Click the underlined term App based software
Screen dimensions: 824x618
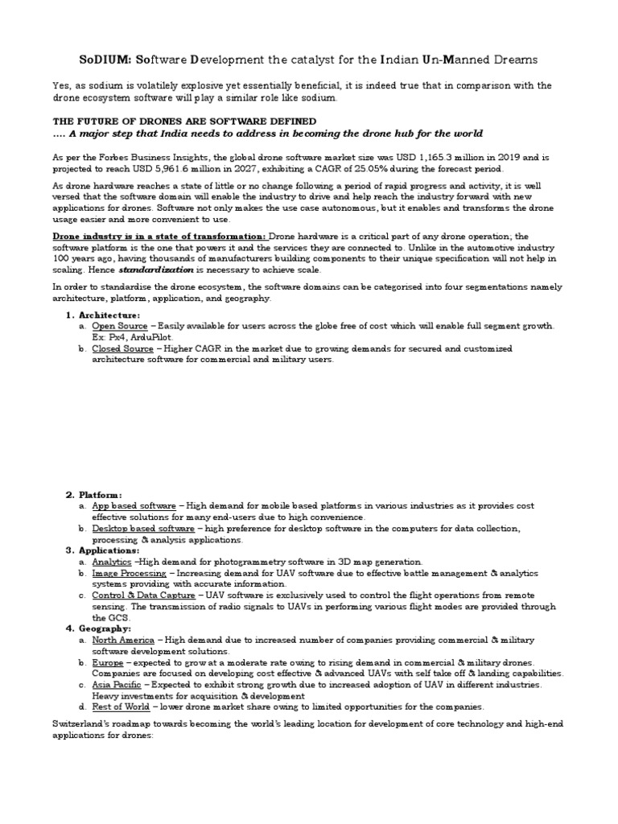[x=134, y=505]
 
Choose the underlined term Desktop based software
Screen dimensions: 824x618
[x=142, y=528]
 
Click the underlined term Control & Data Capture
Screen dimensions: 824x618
[x=143, y=595]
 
